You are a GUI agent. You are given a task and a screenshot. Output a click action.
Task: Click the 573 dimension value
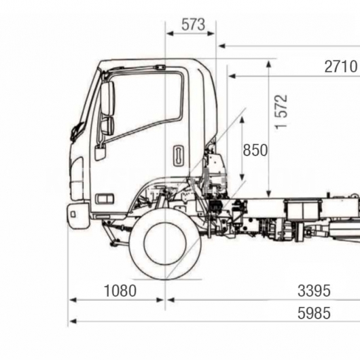click(x=193, y=24)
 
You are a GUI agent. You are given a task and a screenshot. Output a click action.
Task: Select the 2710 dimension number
click(x=341, y=67)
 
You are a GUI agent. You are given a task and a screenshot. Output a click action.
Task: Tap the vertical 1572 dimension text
click(x=281, y=111)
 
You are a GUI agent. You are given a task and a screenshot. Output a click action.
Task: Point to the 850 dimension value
click(x=255, y=150)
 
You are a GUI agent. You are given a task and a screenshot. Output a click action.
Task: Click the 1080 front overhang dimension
click(x=120, y=291)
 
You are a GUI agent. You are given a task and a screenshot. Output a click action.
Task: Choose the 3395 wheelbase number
click(x=314, y=291)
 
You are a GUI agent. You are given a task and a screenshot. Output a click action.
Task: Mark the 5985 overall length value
click(x=314, y=313)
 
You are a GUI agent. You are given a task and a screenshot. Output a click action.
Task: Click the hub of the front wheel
click(x=165, y=244)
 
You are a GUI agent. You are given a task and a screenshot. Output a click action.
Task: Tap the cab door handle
click(x=179, y=156)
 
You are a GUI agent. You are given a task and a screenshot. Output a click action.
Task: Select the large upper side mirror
click(x=108, y=98)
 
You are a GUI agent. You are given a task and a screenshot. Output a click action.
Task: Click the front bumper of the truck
click(x=78, y=216)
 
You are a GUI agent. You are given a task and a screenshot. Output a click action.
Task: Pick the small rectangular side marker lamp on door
click(x=105, y=199)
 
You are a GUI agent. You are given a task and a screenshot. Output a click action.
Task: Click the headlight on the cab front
click(x=77, y=179)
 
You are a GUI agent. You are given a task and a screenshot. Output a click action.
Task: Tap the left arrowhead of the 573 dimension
click(x=170, y=33)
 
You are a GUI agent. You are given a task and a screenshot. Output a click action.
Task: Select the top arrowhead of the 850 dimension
click(x=242, y=120)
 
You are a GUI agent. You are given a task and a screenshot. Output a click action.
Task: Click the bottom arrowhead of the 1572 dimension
click(x=269, y=194)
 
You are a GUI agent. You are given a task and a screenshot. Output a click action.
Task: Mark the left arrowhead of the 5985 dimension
click(x=73, y=321)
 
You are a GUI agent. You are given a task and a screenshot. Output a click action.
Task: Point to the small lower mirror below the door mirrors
click(x=101, y=154)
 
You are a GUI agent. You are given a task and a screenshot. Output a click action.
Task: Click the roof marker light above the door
click(x=160, y=67)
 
